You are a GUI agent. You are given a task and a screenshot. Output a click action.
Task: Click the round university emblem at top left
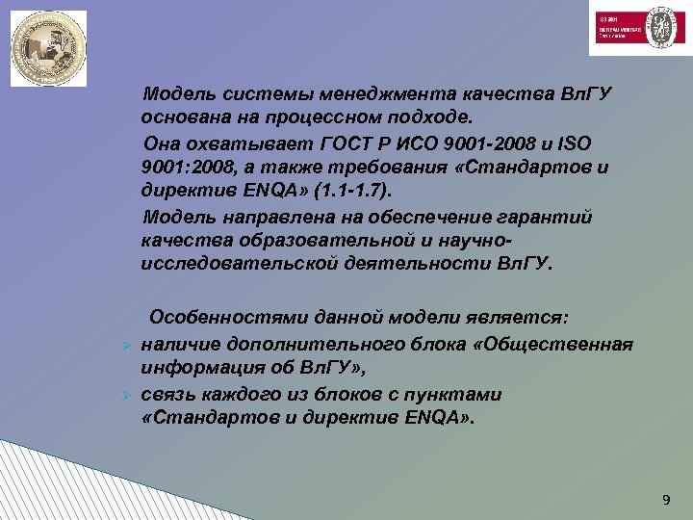(48, 48)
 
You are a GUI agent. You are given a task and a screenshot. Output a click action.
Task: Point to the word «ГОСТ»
(341, 144)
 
